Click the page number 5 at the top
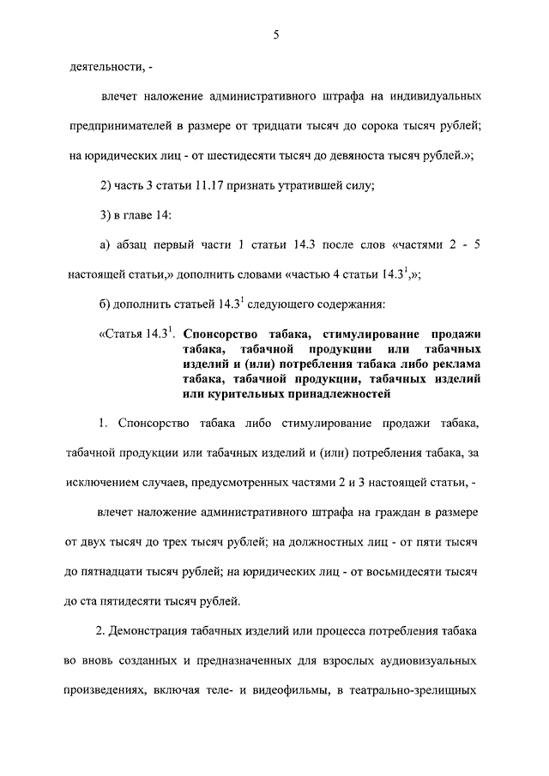coord(274,35)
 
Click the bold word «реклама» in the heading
coord(451,364)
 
